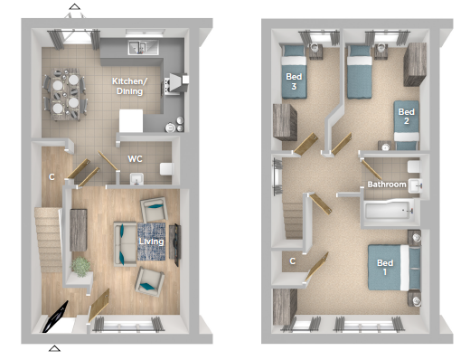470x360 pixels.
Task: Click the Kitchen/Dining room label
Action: (x=129, y=86)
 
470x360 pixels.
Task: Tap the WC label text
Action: (x=135, y=159)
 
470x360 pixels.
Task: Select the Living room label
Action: (x=151, y=242)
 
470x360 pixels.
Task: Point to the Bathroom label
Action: (x=387, y=184)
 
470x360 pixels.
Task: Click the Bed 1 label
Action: (x=385, y=267)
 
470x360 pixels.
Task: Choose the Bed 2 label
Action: (x=406, y=117)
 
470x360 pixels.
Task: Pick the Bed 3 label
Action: (x=294, y=81)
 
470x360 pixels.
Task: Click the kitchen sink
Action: (x=143, y=47)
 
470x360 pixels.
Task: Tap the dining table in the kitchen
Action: (x=66, y=94)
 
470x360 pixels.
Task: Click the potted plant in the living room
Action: (x=80, y=267)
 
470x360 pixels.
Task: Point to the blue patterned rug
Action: (x=151, y=242)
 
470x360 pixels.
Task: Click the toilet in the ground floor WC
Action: (x=166, y=169)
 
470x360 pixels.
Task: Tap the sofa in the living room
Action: (x=125, y=244)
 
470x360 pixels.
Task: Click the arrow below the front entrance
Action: (x=54, y=348)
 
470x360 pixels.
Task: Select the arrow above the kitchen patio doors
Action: (x=74, y=6)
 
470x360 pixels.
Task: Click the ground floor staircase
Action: (x=48, y=240)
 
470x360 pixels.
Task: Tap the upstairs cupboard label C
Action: (x=292, y=261)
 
